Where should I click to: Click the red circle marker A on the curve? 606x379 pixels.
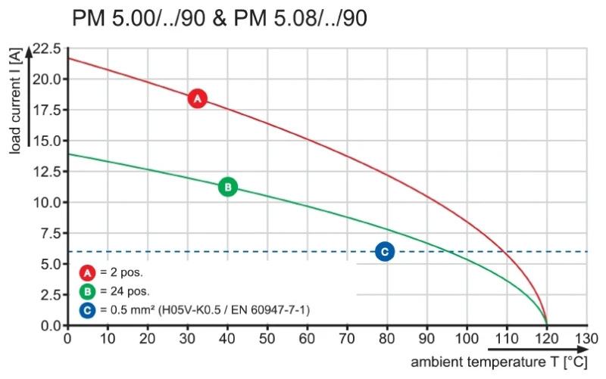(x=197, y=98)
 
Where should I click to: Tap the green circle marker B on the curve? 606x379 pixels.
(x=227, y=187)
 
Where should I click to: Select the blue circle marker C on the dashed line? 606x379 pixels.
(x=385, y=252)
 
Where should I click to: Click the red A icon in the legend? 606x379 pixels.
(x=86, y=272)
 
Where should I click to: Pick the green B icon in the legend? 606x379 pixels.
(x=86, y=291)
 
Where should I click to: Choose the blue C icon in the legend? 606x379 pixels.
(x=86, y=310)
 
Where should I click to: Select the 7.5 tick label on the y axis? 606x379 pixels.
(x=50, y=233)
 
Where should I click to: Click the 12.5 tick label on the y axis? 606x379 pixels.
(x=47, y=172)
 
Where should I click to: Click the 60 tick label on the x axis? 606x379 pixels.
(x=307, y=338)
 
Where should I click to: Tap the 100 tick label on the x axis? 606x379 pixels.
(x=466, y=338)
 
